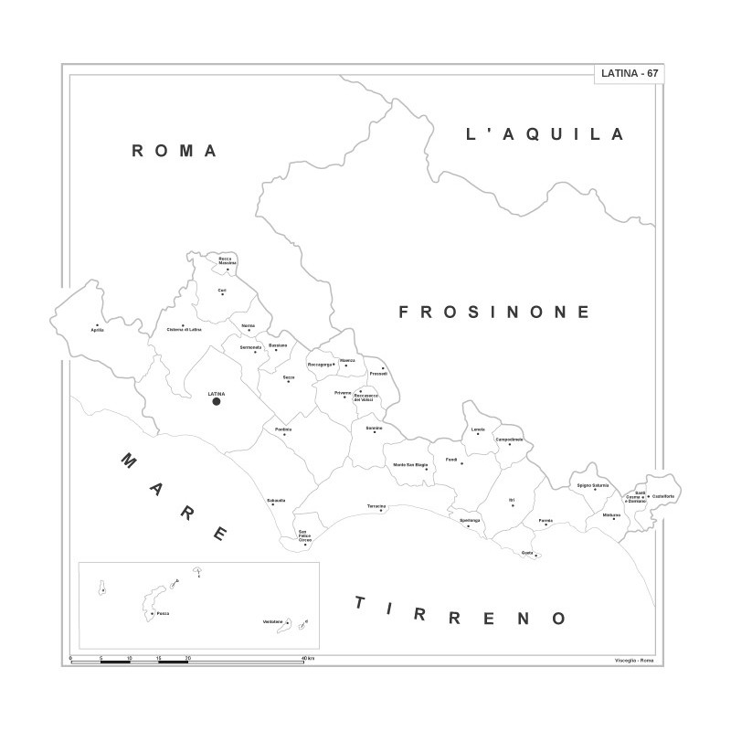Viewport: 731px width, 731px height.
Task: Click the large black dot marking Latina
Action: tap(217, 401)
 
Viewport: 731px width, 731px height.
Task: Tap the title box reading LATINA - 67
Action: tap(628, 73)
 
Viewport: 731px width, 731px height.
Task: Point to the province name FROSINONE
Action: tap(494, 313)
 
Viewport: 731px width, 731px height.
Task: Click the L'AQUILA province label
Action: tap(545, 134)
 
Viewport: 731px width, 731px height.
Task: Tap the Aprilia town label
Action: tap(98, 330)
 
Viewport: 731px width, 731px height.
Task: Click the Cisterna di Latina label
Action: tap(183, 330)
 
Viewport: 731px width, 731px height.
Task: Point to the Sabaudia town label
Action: tap(276, 500)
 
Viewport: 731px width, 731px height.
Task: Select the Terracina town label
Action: tap(376, 505)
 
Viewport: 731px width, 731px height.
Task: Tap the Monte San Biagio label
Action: tap(410, 465)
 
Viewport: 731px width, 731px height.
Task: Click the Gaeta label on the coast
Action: tap(527, 553)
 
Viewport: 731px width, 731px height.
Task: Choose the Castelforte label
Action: tap(663, 496)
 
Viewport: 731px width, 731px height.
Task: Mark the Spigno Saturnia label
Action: tap(593, 484)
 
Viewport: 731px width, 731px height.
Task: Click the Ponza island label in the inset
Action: tap(162, 613)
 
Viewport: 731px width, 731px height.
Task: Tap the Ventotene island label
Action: tap(273, 621)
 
